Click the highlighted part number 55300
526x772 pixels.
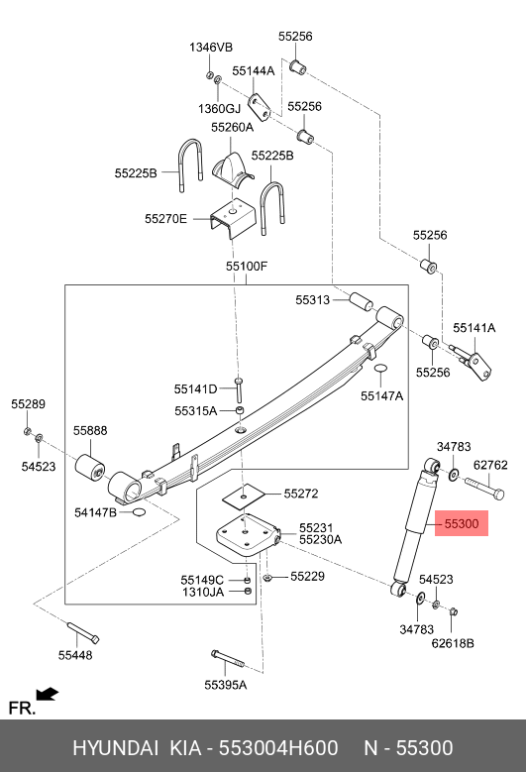(461, 523)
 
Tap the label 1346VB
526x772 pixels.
(211, 48)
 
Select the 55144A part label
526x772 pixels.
(254, 71)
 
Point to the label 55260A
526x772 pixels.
(232, 127)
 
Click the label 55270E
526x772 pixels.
(165, 219)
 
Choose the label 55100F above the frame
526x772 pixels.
(247, 266)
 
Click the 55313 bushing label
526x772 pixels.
(312, 300)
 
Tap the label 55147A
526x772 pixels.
(381, 395)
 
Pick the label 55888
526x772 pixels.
(90, 430)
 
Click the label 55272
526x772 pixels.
(301, 494)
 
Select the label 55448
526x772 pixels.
(75, 655)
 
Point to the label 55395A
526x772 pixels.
(226, 685)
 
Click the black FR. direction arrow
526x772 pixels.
(48, 694)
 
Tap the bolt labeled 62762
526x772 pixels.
(484, 487)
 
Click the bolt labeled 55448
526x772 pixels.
(82, 632)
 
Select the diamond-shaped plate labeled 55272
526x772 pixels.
(243, 496)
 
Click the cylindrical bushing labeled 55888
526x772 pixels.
(90, 467)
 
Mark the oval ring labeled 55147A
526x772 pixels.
(380, 369)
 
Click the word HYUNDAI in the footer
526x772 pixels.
(116, 748)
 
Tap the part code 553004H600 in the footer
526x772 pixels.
(278, 748)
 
